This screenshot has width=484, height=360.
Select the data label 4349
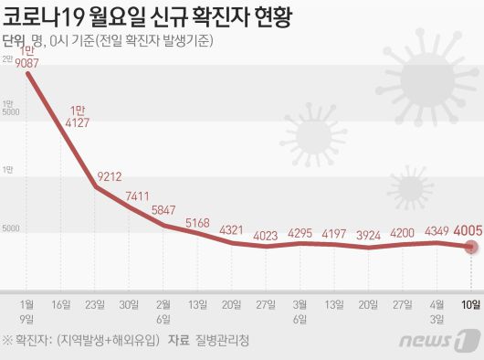[437, 231]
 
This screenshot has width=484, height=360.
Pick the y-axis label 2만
[7, 59]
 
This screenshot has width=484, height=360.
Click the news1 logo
[451, 343]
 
